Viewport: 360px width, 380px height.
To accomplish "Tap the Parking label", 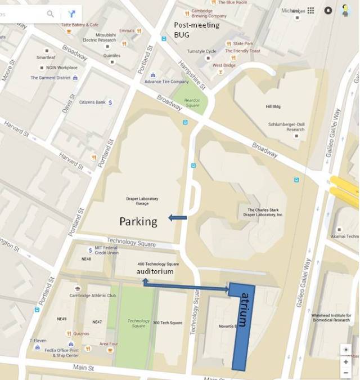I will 138,222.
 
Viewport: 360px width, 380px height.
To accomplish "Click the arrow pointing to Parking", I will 177,218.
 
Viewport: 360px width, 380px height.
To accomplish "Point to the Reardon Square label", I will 193,103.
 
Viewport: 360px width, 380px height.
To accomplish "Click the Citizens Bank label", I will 92,102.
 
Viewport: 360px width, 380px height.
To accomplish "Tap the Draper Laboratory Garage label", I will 142,202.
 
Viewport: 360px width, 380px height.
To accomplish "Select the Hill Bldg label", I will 273,106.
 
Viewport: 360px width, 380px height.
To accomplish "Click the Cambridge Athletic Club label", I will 92,296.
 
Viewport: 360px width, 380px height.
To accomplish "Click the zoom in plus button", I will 345,361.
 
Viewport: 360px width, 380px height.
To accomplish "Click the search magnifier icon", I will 51,14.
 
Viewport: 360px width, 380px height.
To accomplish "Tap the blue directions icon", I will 71,14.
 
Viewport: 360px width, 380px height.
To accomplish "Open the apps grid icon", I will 310,10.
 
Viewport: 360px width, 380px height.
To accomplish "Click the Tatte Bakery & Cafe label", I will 80,25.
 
